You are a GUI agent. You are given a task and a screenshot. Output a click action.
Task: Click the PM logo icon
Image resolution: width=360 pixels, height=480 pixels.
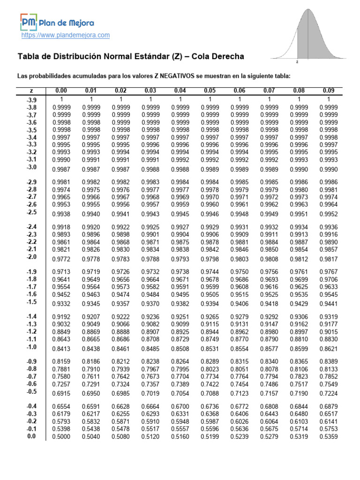28,22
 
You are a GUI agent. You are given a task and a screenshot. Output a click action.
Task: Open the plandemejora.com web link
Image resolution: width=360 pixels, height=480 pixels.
66,35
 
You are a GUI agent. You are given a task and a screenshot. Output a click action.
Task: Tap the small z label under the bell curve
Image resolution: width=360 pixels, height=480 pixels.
297,61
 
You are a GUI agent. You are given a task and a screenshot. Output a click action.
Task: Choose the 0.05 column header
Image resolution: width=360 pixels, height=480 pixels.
210,90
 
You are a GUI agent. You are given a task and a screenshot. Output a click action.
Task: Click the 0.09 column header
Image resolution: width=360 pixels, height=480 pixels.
329,90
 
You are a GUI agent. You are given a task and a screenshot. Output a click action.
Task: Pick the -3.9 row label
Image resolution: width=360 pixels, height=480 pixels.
32,100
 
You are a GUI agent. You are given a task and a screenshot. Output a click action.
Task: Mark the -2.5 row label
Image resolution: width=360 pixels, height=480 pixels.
32,212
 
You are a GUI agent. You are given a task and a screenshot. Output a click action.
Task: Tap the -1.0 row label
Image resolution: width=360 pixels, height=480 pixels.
32,347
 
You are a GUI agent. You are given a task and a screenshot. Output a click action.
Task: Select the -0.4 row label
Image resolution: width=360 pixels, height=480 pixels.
32,406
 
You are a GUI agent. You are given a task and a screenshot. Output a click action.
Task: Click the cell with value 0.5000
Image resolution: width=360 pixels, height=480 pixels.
61,436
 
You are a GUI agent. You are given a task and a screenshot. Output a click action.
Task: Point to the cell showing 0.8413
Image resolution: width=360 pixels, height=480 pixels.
61,348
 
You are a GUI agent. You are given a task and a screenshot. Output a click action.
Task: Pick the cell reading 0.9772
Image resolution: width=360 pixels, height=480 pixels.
61,259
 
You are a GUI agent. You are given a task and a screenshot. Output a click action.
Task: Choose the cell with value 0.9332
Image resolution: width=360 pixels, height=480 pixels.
61,304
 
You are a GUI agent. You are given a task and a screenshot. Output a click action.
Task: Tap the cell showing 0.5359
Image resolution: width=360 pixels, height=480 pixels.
329,436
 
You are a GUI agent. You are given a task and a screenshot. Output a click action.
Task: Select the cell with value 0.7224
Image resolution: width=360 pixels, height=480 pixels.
329,393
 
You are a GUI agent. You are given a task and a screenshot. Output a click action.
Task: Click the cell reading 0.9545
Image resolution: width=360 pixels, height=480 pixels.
329,294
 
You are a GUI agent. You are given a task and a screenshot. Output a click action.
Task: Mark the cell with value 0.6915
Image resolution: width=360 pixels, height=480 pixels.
61,393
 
